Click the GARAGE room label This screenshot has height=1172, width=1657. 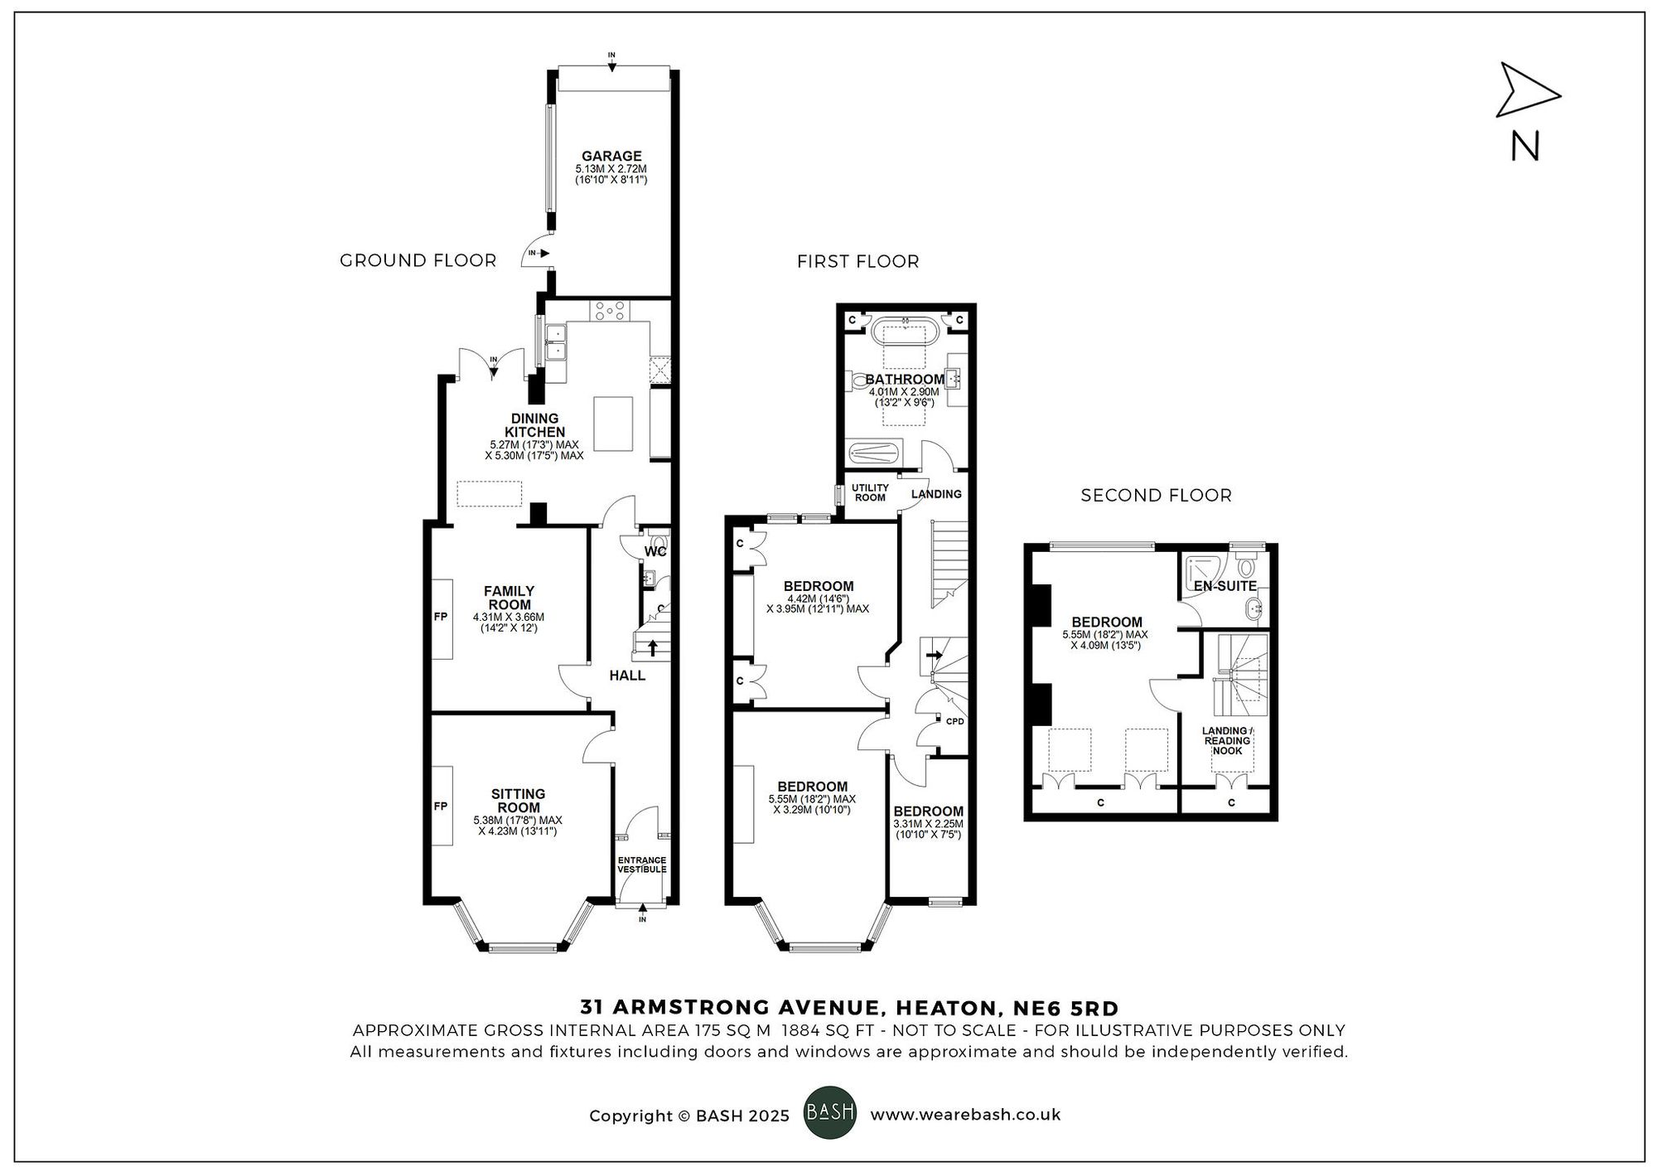[611, 156]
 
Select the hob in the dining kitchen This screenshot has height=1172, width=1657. [610, 311]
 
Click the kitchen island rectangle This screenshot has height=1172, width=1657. [613, 424]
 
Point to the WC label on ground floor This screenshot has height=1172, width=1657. [655, 551]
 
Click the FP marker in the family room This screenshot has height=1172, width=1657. [441, 617]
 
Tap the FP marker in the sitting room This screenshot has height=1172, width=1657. [441, 806]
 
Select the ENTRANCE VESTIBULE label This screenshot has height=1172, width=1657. [642, 864]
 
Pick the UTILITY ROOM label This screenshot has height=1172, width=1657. [870, 492]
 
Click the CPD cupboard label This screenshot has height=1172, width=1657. [954, 721]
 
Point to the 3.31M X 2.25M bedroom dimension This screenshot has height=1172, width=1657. [928, 824]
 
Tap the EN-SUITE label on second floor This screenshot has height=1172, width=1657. [1225, 586]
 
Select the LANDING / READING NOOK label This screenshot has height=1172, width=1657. [1227, 741]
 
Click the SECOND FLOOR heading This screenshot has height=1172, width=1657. [1156, 496]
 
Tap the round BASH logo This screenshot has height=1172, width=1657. [830, 1112]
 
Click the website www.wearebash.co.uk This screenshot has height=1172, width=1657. [965, 1115]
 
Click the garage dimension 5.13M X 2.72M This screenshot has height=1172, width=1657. [611, 169]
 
